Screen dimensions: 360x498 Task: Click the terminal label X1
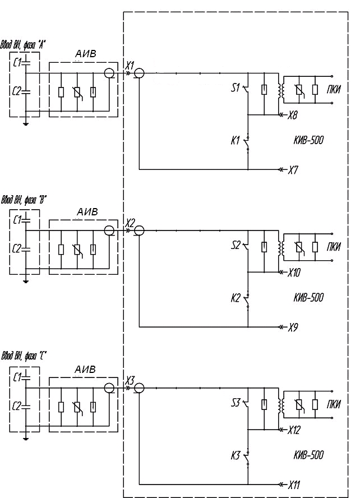[x=130, y=66]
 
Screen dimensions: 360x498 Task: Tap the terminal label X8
[x=292, y=115]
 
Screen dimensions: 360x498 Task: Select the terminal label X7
[x=293, y=170]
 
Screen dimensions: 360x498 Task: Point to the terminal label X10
[x=294, y=273]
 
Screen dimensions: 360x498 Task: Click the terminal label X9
[x=293, y=328]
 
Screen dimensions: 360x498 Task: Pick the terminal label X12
[x=294, y=430]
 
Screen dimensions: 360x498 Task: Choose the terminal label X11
[x=294, y=485]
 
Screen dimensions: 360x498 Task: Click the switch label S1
[x=236, y=87]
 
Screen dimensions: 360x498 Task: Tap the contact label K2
[x=236, y=298]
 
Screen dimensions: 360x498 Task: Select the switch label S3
[x=236, y=403]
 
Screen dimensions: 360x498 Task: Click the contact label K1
[x=235, y=141]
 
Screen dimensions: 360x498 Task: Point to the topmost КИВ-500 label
[x=308, y=140]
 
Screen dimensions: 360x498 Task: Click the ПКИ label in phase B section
[x=334, y=247]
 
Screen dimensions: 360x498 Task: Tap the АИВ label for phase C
[x=85, y=370]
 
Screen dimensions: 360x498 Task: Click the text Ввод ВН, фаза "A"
[x=23, y=45]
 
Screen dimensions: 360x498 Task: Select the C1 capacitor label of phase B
[x=17, y=219]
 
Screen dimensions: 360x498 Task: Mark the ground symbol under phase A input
[x=26, y=124]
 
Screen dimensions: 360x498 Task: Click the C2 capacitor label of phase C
[x=17, y=406]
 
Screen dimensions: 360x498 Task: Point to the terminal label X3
[x=130, y=380]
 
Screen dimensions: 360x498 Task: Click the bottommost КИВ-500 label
[x=308, y=455]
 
